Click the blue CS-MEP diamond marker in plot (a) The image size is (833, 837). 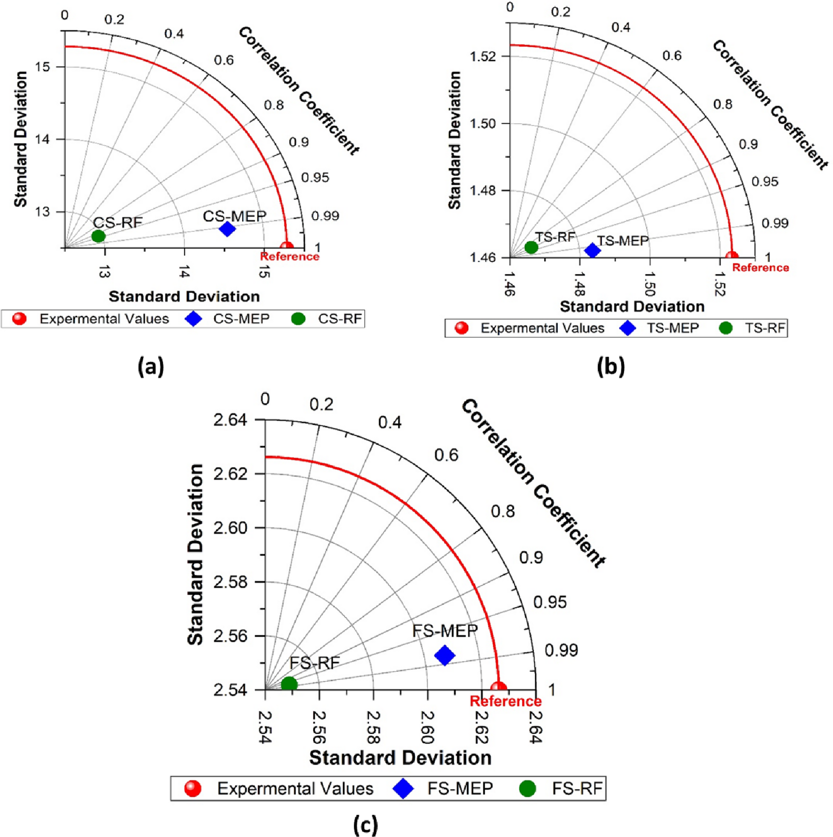click(x=227, y=229)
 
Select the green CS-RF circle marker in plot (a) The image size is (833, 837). click(x=98, y=236)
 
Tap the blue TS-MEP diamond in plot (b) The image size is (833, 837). click(x=592, y=251)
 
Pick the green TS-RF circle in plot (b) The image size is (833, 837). click(x=531, y=248)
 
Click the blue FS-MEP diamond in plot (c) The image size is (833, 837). click(x=444, y=656)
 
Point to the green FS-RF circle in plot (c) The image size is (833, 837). click(x=289, y=684)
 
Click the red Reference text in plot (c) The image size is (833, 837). click(x=506, y=701)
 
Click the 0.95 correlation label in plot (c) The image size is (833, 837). click(x=550, y=602)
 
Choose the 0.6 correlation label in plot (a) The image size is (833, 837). click(x=224, y=60)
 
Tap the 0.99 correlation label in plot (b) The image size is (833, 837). click(x=775, y=224)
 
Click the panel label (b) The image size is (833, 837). click(x=611, y=367)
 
